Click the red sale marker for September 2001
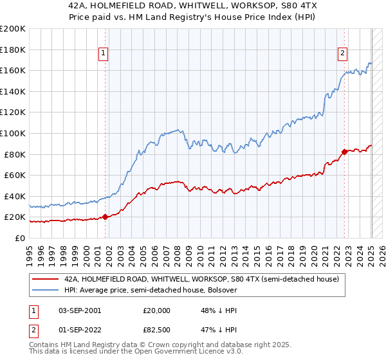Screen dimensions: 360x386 105,217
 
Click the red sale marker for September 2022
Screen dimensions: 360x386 344,152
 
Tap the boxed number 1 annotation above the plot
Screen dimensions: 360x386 104,53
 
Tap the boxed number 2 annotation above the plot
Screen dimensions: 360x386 343,53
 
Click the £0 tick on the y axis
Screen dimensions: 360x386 20,238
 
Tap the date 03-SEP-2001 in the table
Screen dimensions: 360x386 80,310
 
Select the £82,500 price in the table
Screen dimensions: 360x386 157,332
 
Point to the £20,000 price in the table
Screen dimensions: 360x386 157,310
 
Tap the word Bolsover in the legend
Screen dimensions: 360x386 221,290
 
